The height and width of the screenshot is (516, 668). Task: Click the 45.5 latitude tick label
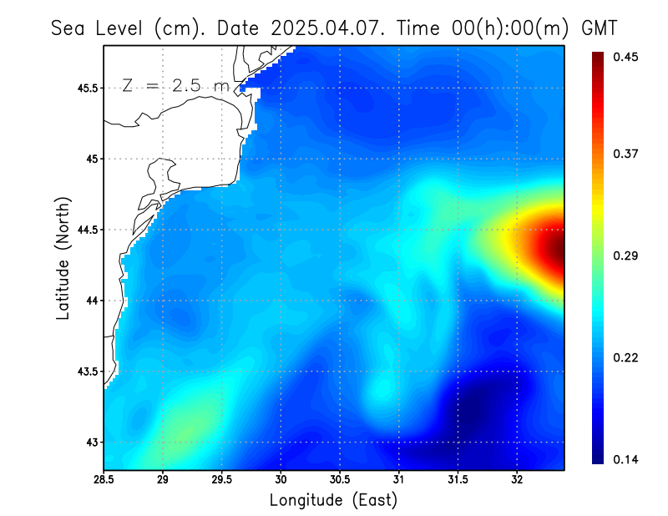click(x=85, y=88)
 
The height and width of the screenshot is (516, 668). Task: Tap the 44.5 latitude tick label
click(x=85, y=230)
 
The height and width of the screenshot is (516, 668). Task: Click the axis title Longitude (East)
click(x=333, y=500)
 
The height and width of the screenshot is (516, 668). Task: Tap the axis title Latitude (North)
click(x=63, y=257)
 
